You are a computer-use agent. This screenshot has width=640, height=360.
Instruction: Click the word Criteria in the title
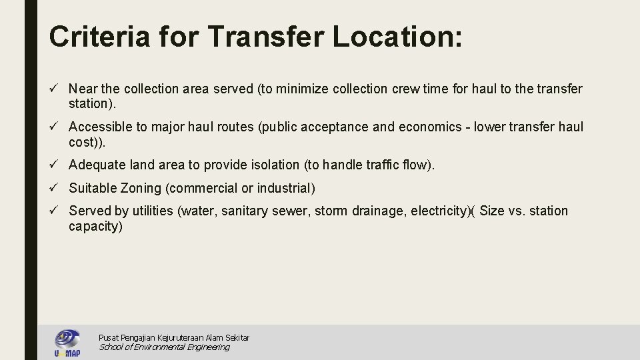click(99, 36)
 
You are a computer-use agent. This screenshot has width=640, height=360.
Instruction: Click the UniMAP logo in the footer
click(67, 343)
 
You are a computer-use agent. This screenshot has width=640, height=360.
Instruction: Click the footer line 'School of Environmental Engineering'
click(164, 347)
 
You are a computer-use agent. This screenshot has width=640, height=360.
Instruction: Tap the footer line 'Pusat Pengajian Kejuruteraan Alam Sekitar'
click(174, 338)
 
